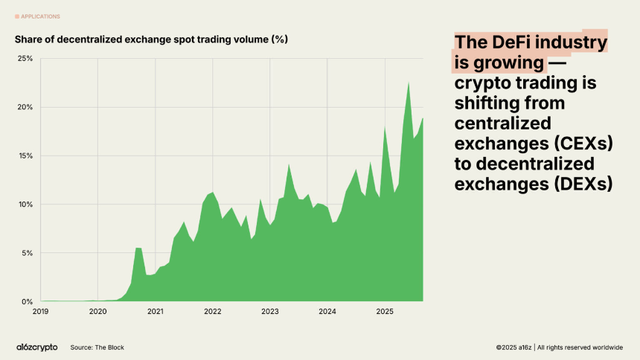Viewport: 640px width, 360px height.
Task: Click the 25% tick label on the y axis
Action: (25, 59)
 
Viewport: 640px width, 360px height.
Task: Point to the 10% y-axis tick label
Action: (25, 205)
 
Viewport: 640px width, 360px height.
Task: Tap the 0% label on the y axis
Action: (28, 302)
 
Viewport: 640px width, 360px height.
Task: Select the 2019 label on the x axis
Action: (41, 312)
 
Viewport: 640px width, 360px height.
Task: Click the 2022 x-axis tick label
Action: (213, 312)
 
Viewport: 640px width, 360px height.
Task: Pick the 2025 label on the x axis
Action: (384, 312)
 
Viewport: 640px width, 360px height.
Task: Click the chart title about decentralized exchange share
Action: (151, 39)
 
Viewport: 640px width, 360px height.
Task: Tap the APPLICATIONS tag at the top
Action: (41, 16)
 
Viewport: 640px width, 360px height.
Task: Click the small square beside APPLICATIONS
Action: (17, 16)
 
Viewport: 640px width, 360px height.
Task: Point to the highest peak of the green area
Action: (409, 83)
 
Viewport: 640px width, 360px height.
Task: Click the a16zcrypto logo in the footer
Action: (36, 347)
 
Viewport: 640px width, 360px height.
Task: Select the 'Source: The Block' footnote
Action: (97, 347)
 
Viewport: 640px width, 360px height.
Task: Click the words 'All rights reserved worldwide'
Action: (580, 347)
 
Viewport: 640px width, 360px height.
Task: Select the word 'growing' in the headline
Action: (507, 62)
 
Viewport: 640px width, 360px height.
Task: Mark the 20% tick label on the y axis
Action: (25, 107)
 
